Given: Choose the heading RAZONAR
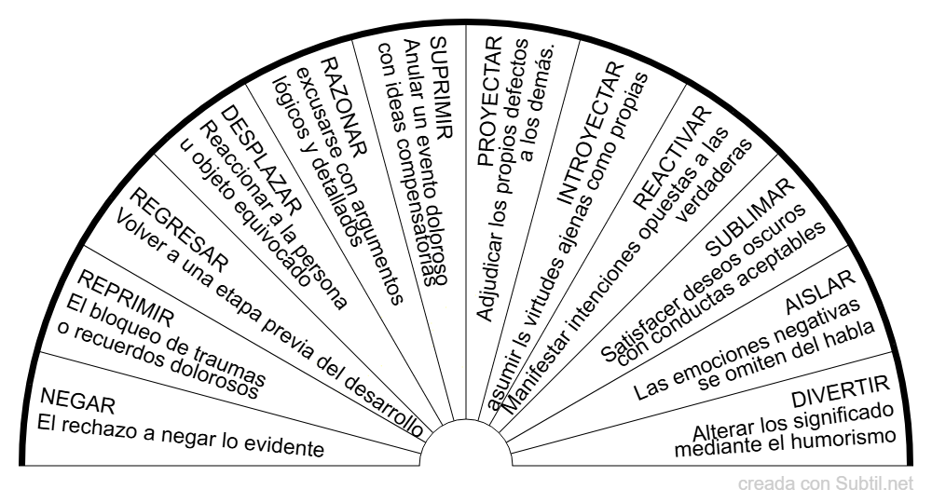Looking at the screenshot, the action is tap(344, 107).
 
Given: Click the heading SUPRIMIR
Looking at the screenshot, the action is tap(441, 88).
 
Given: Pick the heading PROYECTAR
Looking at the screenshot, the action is tap(490, 101).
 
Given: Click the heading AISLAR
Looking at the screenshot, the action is tap(820, 292).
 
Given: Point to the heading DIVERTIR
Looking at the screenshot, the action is tap(841, 391).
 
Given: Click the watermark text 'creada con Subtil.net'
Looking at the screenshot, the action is tap(825, 484).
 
